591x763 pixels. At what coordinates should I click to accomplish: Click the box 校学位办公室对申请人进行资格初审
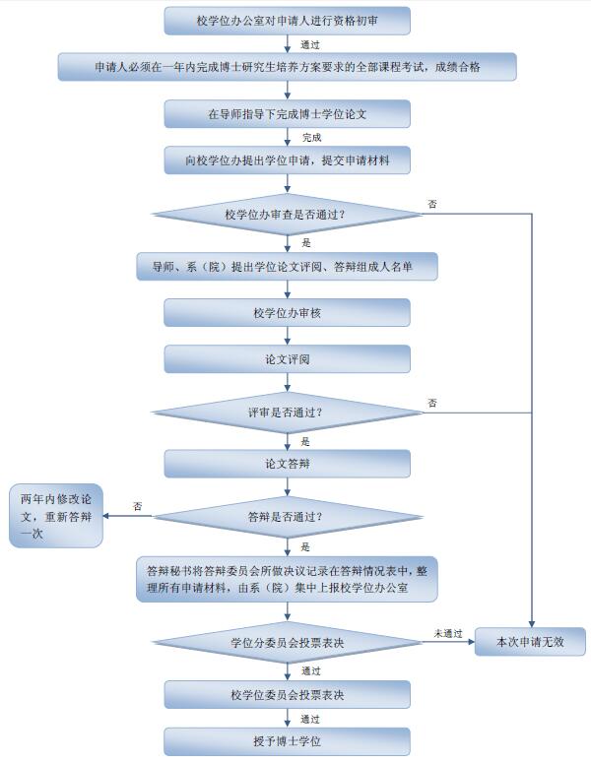287,20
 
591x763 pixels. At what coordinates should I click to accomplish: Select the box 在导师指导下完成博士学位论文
287,114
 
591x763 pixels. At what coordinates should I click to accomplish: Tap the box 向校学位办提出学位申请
287,160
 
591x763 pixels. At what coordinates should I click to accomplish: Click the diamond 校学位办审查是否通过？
287,214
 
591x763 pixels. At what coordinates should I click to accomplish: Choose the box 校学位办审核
287,313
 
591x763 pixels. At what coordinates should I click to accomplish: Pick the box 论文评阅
287,359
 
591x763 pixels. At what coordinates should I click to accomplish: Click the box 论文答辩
287,463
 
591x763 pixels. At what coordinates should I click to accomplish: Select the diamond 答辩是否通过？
287,515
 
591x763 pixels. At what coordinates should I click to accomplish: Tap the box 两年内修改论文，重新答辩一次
55,515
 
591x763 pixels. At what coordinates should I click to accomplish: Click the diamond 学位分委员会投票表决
287,642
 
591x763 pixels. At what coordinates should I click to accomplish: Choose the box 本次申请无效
529,642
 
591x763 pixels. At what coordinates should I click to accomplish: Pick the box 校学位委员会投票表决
287,695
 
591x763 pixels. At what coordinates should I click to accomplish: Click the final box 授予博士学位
287,740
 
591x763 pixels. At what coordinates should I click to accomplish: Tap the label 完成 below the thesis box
311,138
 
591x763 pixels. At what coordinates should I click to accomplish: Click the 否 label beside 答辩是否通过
138,506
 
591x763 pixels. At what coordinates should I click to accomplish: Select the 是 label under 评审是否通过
305,441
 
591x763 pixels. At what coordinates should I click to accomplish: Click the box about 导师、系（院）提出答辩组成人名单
287,266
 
